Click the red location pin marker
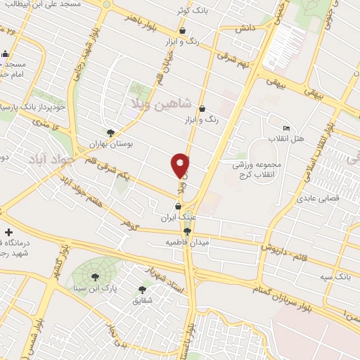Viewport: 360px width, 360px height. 181,165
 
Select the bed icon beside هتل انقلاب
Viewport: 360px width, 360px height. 285,129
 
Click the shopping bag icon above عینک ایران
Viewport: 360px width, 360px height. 178,207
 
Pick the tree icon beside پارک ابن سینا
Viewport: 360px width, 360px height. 95,277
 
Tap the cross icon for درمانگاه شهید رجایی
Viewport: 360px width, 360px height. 8,232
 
